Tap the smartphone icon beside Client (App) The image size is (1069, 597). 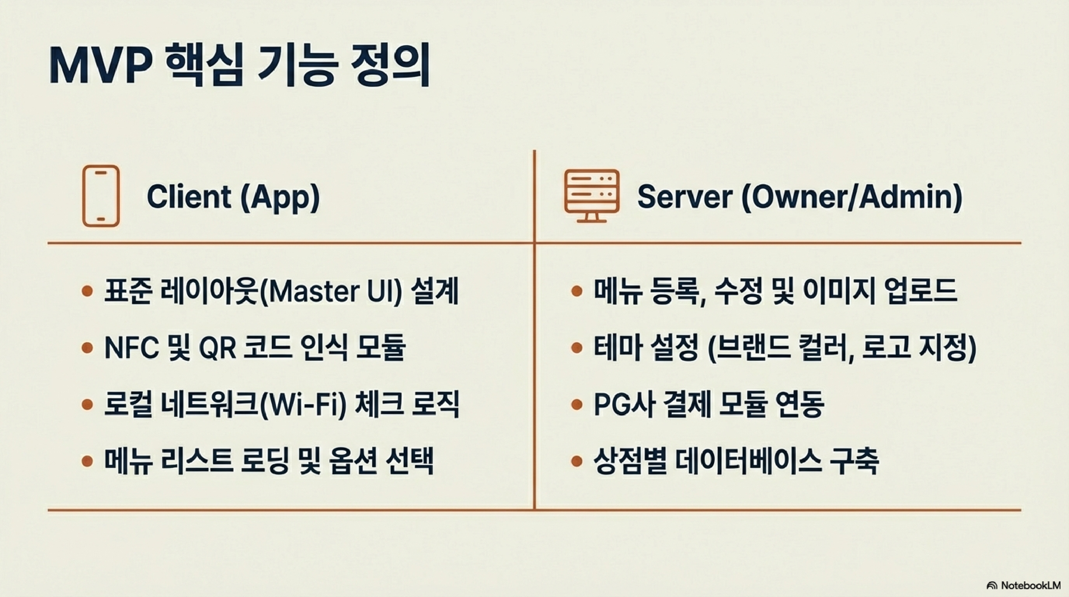(x=101, y=196)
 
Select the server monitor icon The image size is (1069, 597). (x=591, y=196)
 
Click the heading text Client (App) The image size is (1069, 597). (x=233, y=196)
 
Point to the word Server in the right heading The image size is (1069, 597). (x=684, y=196)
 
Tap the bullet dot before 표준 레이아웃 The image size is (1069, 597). (x=87, y=291)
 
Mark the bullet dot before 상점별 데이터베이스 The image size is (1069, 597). (x=576, y=461)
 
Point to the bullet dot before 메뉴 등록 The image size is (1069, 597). (x=576, y=291)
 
